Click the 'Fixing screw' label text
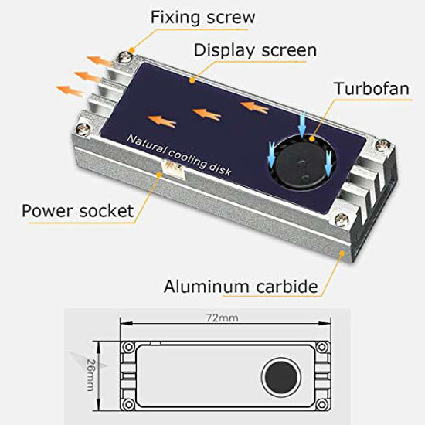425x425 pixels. click(202, 16)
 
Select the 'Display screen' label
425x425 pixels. click(254, 51)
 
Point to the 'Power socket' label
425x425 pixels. click(77, 210)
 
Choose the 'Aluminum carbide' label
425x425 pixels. click(240, 287)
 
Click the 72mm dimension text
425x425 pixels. click(228, 318)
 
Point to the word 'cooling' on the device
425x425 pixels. click(184, 158)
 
